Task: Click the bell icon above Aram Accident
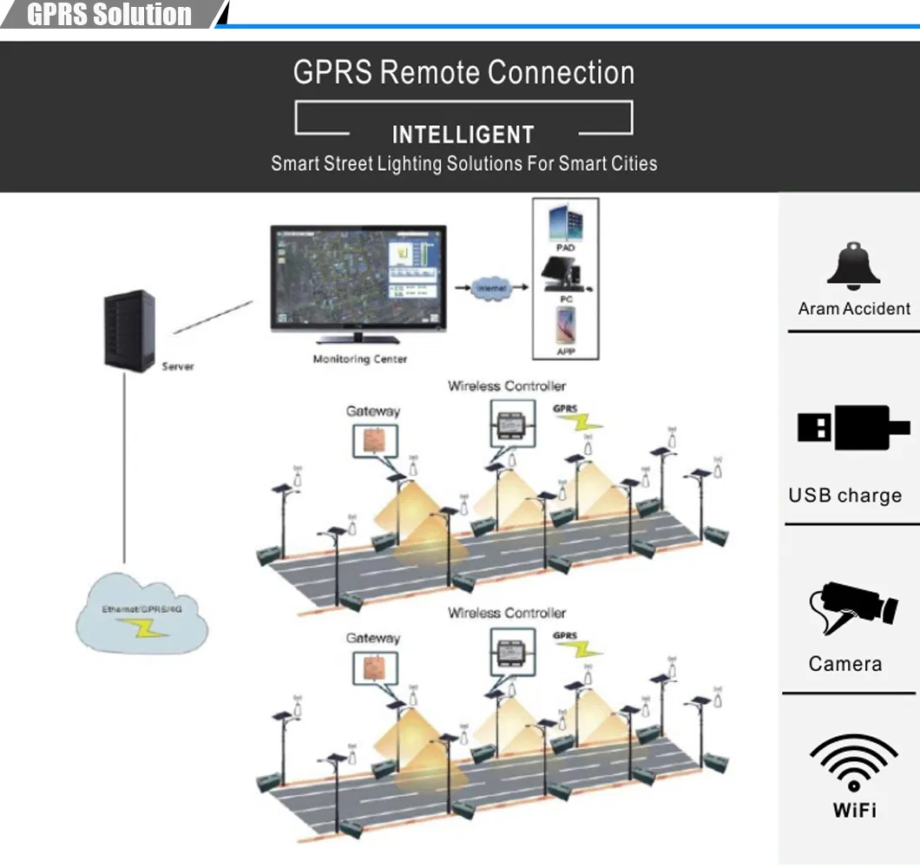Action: pyautogui.click(x=854, y=266)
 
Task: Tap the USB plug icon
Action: pyautogui.click(x=854, y=427)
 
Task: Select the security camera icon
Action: pyautogui.click(x=852, y=608)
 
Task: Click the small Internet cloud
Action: pyautogui.click(x=490, y=287)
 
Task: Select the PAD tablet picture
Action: pyautogui.click(x=565, y=223)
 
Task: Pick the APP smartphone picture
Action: pyautogui.click(x=565, y=327)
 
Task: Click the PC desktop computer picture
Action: pyautogui.click(x=566, y=276)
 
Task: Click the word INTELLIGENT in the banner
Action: pyautogui.click(x=463, y=135)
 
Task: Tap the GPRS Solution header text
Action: pyautogui.click(x=109, y=15)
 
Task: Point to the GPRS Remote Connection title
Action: pyautogui.click(x=463, y=72)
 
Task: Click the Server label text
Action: pyautogui.click(x=178, y=366)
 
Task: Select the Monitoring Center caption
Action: pyautogui.click(x=359, y=358)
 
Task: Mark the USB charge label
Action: pyautogui.click(x=844, y=496)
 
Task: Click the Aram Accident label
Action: pyautogui.click(x=854, y=308)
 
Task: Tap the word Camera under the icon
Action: pyautogui.click(x=844, y=664)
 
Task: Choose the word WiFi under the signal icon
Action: pyautogui.click(x=854, y=810)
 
